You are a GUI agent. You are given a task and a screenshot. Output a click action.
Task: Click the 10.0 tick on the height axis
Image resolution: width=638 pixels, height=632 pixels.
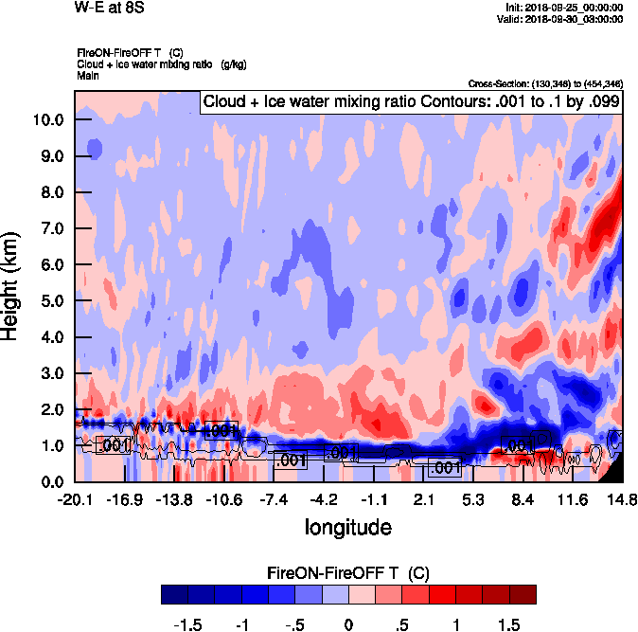(48, 120)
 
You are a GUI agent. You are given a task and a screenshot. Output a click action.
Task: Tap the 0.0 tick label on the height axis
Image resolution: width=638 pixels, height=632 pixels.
(52, 481)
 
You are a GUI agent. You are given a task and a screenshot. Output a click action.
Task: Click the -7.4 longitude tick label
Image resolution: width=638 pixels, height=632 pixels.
(277, 499)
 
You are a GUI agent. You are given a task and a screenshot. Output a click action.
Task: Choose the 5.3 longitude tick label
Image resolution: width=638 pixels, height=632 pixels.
(474, 499)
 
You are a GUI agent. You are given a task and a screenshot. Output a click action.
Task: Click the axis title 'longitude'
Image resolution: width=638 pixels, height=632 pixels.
(347, 526)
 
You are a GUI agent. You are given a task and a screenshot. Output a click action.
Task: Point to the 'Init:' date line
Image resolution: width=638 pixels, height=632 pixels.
(565, 8)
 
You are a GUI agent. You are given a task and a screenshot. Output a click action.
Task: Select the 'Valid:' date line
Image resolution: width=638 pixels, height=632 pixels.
(564, 19)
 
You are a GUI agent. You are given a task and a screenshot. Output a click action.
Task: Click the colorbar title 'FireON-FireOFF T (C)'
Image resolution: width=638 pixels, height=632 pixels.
(348, 573)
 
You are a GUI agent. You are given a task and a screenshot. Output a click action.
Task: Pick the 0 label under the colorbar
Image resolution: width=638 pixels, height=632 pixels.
(348, 624)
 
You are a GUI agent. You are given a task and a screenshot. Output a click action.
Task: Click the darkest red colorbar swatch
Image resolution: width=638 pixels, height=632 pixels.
(522, 594)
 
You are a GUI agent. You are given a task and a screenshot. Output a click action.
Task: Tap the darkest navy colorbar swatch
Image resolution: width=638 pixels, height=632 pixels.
(175, 594)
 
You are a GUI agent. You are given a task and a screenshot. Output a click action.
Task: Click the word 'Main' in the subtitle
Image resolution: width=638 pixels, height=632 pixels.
(88, 74)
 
